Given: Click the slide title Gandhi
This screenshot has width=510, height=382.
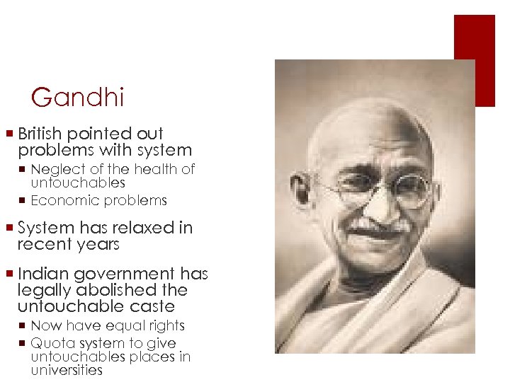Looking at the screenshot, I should point(78,97).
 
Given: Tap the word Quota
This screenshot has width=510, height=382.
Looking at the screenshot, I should point(50,343).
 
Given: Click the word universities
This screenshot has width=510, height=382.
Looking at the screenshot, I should point(67,370).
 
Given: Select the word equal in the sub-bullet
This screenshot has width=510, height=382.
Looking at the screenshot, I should point(118,326).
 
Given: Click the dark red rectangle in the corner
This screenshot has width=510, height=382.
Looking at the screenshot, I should point(474,60).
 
